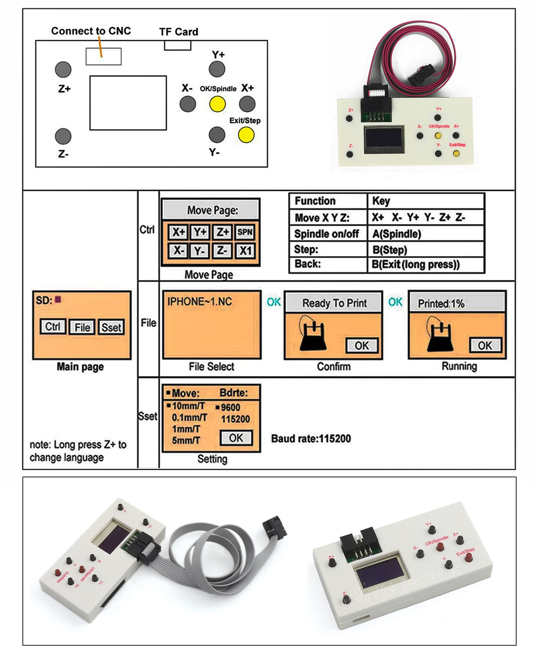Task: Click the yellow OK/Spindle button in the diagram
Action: [217, 104]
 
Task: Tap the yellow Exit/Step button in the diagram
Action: [246, 135]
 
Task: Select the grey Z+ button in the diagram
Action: [63, 69]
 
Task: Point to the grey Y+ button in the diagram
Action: [217, 69]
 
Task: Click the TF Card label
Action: [178, 32]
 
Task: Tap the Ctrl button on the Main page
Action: [53, 327]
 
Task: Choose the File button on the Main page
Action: [82, 328]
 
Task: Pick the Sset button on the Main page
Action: [111, 328]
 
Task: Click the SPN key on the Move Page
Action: [245, 232]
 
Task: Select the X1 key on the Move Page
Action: [245, 251]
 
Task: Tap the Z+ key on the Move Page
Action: [222, 232]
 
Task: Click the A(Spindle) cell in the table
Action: [396, 234]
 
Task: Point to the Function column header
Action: [315, 201]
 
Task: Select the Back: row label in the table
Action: [307, 264]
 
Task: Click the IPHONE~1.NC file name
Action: [199, 302]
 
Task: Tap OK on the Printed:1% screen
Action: [485, 345]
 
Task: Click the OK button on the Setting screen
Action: [236, 438]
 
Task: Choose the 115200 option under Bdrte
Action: [235, 419]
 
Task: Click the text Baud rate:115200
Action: [311, 439]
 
